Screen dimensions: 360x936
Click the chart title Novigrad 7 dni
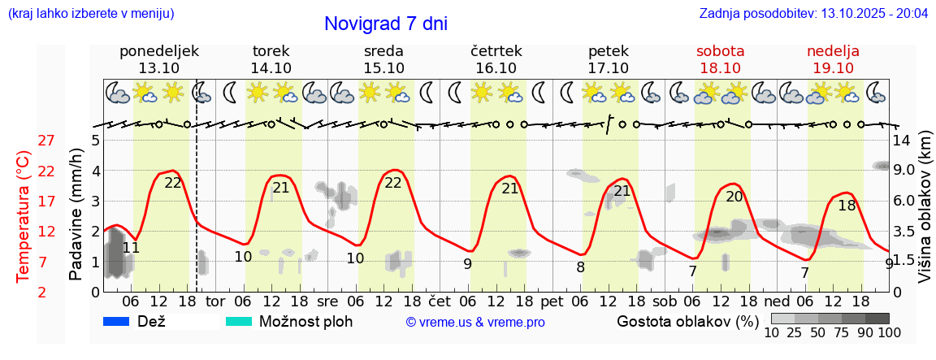pos(385,24)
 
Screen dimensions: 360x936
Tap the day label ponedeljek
pos(158,51)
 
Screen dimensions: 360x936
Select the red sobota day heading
pos(720,51)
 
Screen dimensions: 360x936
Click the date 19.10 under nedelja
pos(833,68)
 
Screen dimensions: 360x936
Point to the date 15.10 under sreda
pos(383,68)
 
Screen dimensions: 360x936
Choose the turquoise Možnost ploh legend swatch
pos(239,321)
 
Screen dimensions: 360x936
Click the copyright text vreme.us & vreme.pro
pos(475,322)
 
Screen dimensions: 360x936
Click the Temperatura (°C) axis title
pos(24,216)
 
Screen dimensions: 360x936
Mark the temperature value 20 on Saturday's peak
pos(734,197)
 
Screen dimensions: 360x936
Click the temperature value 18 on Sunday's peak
pos(847,206)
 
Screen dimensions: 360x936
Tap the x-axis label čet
pos(439,301)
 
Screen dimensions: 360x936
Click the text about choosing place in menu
pos(90,14)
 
